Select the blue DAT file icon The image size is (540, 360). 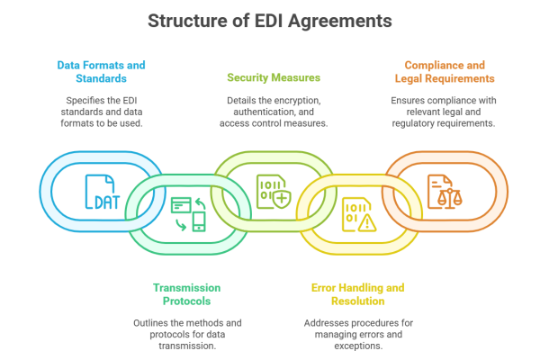(100, 191)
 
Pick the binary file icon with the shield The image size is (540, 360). (273, 191)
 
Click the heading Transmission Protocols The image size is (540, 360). (187, 293)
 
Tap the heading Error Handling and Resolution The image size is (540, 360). (357, 293)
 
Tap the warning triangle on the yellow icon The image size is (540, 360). (367, 222)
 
